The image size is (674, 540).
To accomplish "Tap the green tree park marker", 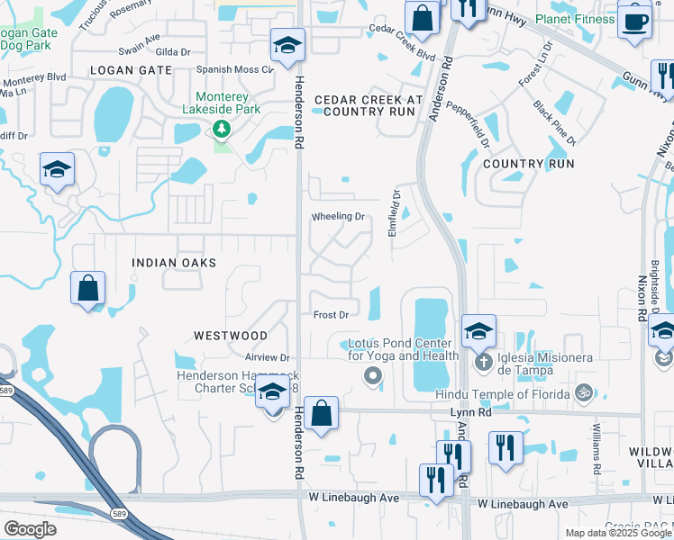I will point(222,130).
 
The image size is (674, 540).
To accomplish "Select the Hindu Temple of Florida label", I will point(503,394).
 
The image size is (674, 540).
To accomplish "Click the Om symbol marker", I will point(583,393).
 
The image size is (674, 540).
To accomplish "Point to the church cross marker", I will point(483,362).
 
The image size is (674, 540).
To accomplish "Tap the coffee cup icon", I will point(634,22).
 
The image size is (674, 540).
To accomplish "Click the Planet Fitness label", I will point(575,19).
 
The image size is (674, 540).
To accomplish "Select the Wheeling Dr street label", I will point(338,217).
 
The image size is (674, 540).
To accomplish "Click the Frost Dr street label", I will point(331,315).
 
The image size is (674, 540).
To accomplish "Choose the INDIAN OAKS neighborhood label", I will point(174,263).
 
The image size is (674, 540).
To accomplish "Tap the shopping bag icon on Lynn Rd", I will point(322,415).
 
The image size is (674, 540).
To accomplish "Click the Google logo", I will point(30,528).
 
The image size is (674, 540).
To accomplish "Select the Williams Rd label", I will point(596,446).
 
